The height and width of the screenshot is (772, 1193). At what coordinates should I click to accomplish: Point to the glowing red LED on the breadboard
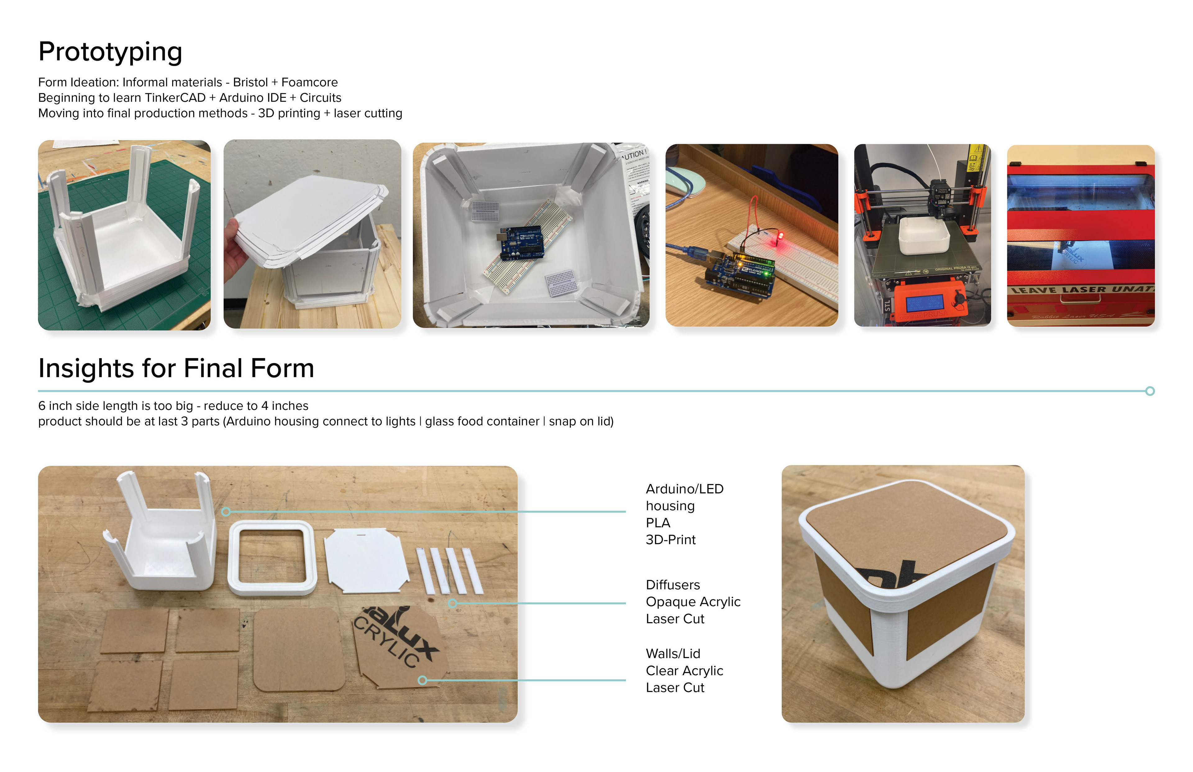point(780,235)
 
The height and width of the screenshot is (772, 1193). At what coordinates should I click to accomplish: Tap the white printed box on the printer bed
point(923,235)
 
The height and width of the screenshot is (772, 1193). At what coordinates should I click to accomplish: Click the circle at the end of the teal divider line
point(1150,391)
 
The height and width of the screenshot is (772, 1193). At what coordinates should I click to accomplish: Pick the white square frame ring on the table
point(272,557)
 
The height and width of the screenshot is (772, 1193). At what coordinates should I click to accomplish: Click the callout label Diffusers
point(673,585)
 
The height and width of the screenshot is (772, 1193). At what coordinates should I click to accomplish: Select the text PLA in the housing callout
point(658,523)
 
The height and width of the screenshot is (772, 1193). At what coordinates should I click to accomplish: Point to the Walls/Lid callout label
point(673,654)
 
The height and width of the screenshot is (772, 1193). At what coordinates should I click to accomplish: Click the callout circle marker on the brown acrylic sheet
point(423,680)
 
